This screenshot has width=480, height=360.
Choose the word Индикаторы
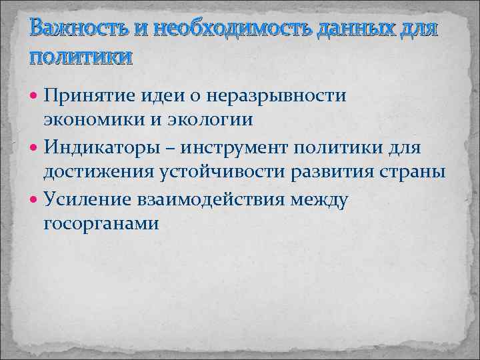tap(105, 146)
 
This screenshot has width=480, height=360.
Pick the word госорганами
tap(101, 223)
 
